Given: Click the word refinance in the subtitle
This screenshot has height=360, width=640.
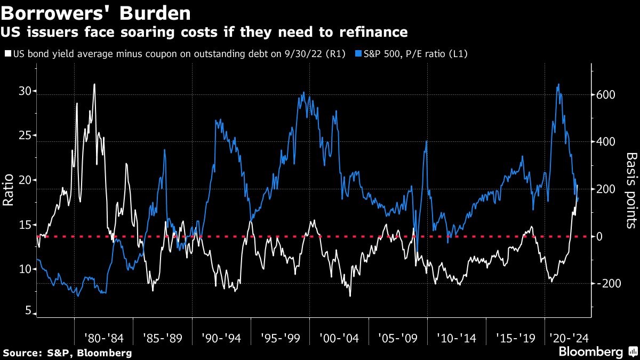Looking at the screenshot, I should [x=375, y=33].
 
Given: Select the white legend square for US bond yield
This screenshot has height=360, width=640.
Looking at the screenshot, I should [x=7, y=54].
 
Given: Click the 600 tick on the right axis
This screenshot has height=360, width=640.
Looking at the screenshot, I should [x=605, y=94].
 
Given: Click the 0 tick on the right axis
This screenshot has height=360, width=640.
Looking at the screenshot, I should [x=599, y=236].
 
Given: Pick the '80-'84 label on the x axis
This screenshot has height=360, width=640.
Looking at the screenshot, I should [x=103, y=338].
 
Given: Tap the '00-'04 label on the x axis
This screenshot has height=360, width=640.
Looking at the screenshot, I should [x=339, y=338].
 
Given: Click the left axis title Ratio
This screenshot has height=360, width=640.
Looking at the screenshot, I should [x=9, y=189].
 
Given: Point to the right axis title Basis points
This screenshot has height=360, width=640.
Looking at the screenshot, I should [x=631, y=189].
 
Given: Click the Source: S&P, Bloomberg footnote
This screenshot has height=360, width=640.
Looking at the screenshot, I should [x=67, y=353].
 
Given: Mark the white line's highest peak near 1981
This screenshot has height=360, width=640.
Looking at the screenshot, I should [x=94, y=84].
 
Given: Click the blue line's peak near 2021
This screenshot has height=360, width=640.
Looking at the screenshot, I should [x=558, y=84].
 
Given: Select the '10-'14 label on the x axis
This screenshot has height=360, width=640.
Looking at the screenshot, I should [x=456, y=338].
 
